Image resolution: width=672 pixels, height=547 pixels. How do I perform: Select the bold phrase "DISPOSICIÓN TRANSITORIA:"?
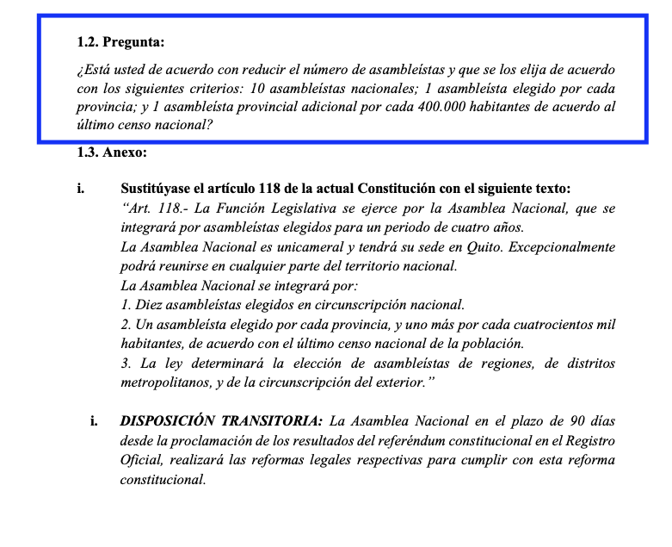click(221, 422)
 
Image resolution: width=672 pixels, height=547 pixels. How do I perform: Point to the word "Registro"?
click(588, 441)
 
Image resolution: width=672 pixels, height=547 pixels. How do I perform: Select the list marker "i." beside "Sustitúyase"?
click(81, 189)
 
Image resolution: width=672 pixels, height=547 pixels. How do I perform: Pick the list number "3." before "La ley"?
click(126, 363)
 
